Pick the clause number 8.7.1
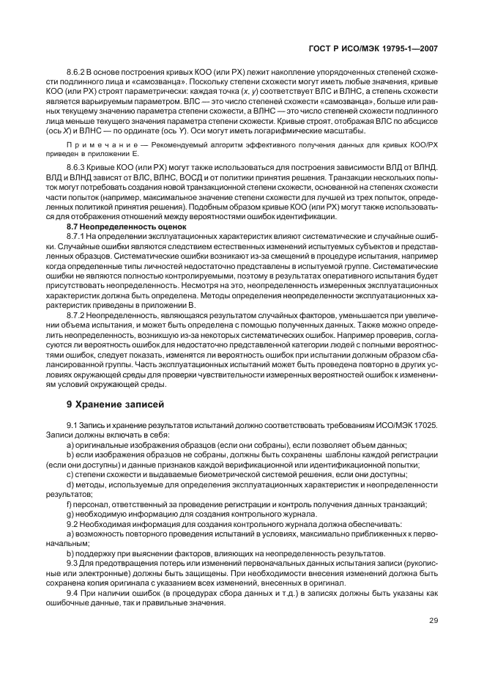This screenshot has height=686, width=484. [x=78, y=236]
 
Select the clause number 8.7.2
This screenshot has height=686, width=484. [x=78, y=313]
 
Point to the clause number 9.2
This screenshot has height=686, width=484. [x=73, y=524]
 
